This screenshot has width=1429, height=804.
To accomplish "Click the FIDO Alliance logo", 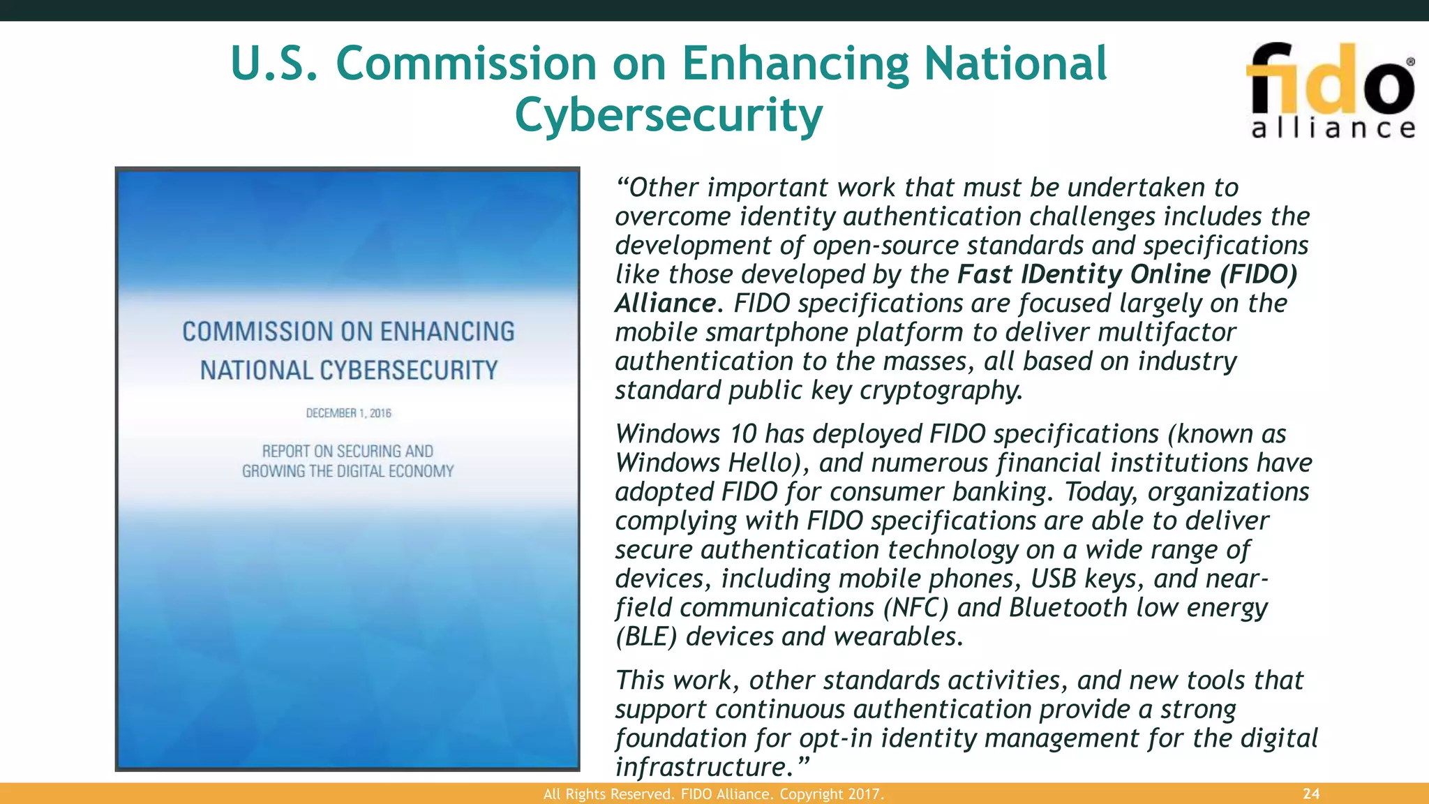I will tap(1331, 91).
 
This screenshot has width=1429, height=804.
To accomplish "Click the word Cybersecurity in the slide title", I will tap(668, 114).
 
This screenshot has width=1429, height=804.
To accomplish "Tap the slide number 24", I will tap(1311, 794).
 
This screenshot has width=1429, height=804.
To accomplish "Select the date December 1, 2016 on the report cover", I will tap(348, 413).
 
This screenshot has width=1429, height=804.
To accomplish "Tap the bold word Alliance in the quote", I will tap(665, 304).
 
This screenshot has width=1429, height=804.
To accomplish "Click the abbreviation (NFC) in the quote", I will tap(915, 608).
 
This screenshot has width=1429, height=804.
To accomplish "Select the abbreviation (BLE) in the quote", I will tap(646, 636).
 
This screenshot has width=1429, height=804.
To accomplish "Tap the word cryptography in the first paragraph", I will tap(941, 390).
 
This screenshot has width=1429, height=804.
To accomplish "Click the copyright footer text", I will tap(713, 794).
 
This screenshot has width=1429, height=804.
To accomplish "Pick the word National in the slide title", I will tap(1015, 64).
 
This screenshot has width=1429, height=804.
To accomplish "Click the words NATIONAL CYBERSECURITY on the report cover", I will tap(348, 371).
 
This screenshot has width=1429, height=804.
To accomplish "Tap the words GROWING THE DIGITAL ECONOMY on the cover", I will tap(347, 472).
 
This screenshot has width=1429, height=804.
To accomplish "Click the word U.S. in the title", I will tap(274, 64).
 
